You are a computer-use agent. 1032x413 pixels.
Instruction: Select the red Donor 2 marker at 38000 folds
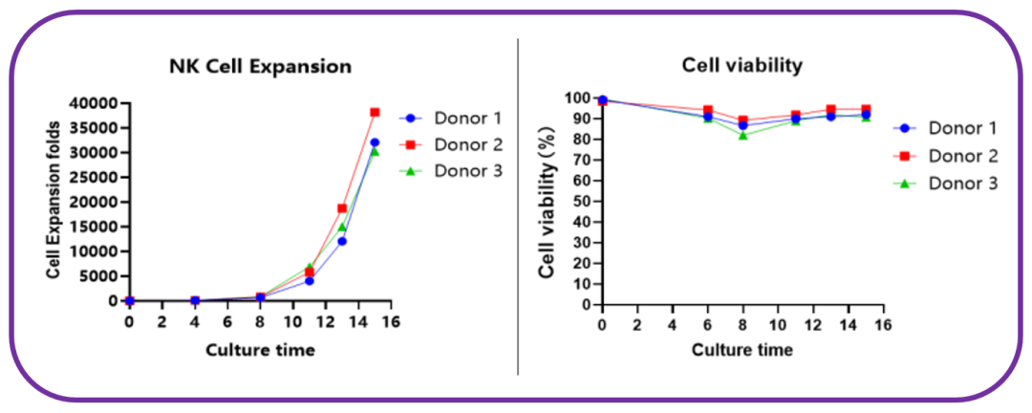click(375, 112)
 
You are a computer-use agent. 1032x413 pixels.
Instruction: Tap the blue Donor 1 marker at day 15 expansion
click(375, 142)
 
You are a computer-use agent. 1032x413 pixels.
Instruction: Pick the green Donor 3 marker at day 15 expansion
click(375, 151)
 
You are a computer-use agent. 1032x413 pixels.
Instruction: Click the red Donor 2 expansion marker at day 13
click(342, 208)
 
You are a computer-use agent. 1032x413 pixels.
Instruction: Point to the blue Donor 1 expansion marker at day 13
click(342, 241)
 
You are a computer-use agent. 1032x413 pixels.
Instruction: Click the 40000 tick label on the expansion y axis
click(94, 103)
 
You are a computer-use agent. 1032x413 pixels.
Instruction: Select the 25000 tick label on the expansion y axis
click(94, 177)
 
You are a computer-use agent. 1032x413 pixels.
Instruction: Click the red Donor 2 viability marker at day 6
click(708, 110)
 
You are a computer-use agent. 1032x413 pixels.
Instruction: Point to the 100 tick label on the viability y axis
click(577, 98)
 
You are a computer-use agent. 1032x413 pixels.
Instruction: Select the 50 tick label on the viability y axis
click(581, 201)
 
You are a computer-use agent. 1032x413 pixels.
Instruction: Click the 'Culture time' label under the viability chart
click(742, 350)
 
